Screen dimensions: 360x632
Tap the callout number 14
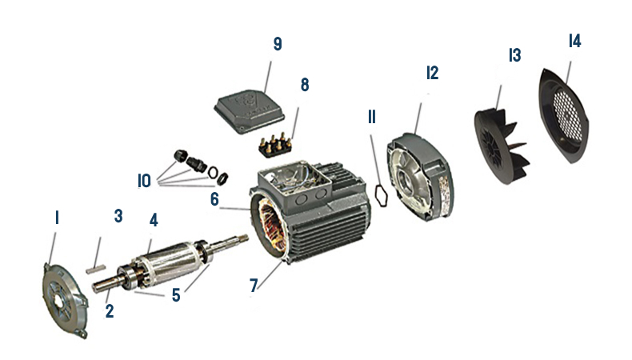pos(574,40)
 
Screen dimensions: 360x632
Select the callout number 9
pos(277,44)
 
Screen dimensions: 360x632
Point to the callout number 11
pos(371,117)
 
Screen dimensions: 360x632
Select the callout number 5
pos(177,294)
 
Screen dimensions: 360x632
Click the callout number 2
pos(110,310)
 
